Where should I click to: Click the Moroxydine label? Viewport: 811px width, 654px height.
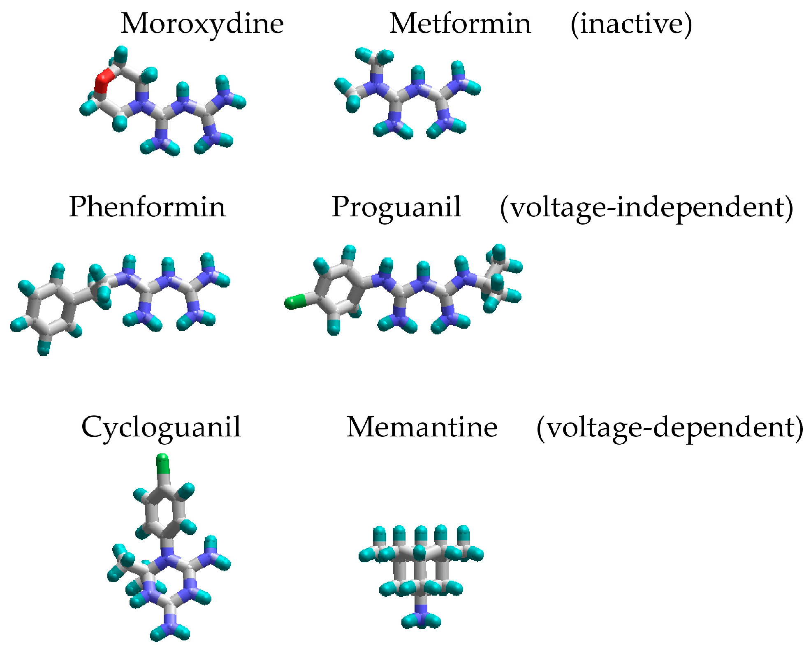pos(202,24)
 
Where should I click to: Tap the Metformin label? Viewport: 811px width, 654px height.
pos(460,24)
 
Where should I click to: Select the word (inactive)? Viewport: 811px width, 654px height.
pos(631,25)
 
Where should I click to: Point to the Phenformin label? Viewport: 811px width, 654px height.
pos(147,207)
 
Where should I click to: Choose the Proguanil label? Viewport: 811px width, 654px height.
pos(396,207)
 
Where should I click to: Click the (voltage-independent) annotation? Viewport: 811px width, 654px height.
pos(646,208)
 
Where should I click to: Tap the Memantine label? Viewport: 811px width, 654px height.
pos(422,427)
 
